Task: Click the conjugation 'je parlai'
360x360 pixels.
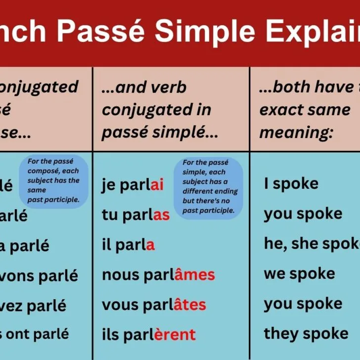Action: coord(133,185)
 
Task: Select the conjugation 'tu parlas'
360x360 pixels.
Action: coord(135,215)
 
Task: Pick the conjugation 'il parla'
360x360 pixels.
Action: coord(128,244)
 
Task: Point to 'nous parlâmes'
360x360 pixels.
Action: coord(158,274)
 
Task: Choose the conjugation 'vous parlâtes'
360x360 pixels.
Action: coord(154,305)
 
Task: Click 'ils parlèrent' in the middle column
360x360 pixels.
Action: coord(149,335)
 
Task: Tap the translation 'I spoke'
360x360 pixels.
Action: coord(291,184)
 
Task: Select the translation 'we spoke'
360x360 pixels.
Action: coord(299,273)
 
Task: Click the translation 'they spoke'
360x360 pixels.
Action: coord(306,333)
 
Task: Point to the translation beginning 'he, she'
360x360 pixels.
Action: coord(312,244)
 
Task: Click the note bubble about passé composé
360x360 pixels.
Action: coord(53,180)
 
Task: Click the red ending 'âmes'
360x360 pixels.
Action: coord(194,274)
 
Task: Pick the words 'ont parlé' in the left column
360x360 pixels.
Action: coord(39,334)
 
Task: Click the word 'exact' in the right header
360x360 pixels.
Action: coord(280,110)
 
